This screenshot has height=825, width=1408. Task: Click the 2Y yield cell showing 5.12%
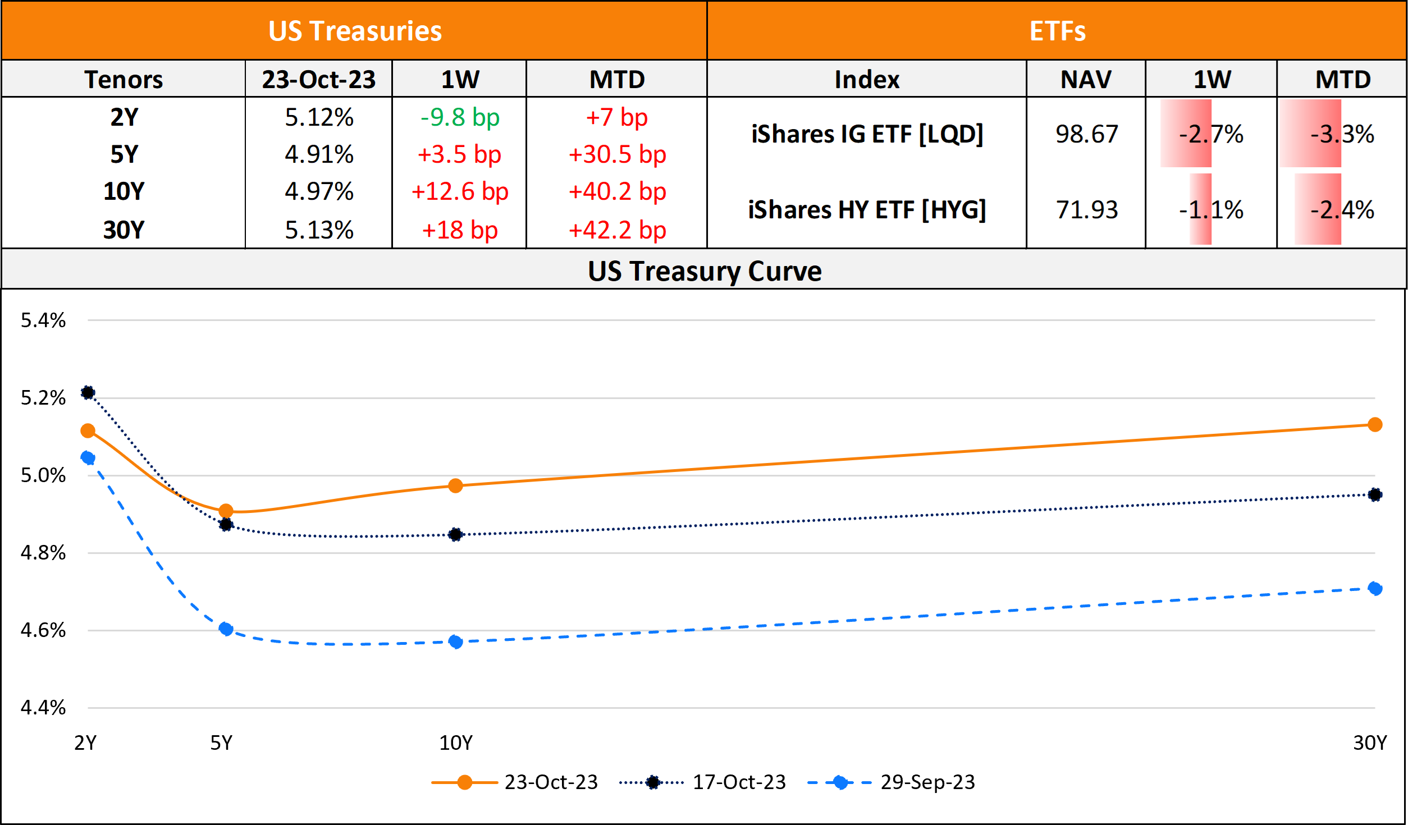point(319,117)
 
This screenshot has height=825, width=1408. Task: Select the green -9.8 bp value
point(460,117)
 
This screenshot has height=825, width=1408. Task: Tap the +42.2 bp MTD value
point(617,230)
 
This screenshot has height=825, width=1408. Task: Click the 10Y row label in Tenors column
point(124,191)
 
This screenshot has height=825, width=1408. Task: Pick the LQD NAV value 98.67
point(1086,134)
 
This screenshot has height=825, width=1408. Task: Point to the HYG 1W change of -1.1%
point(1211,210)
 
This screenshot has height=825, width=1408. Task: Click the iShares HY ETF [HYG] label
point(867,210)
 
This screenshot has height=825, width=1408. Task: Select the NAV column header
point(1086,79)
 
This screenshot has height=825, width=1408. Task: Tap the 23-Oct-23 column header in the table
point(318,79)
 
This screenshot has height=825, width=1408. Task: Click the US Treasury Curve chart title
point(704,271)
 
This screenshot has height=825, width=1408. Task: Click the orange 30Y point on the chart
point(1375,425)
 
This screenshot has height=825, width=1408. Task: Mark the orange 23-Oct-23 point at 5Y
point(226,511)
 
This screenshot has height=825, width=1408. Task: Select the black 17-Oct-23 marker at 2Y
point(88,392)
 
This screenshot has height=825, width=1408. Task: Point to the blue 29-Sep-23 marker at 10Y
point(456,641)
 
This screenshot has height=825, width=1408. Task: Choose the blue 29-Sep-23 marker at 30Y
point(1375,588)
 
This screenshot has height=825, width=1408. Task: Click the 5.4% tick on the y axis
point(43,320)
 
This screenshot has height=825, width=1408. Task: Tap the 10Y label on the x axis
point(456,743)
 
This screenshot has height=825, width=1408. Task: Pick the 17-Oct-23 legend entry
point(738,782)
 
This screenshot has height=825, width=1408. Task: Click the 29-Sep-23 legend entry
point(927,782)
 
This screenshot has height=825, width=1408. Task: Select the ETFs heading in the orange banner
point(1057,31)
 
